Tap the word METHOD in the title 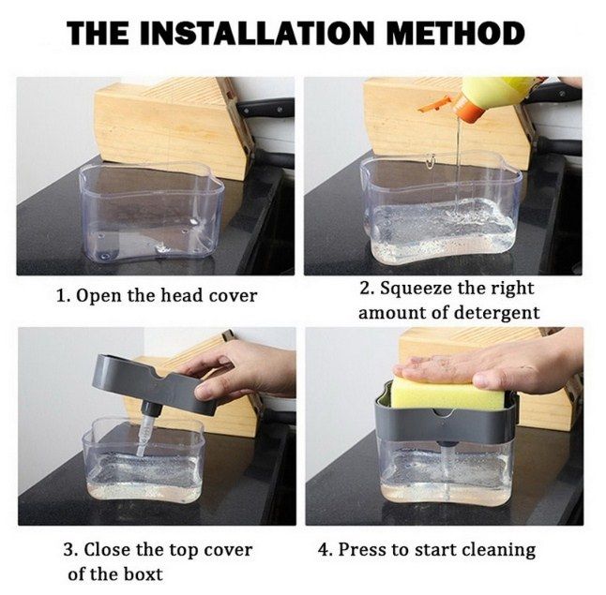(455, 33)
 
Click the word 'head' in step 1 (182, 296)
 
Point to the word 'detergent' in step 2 (496, 312)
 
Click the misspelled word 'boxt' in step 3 (143, 573)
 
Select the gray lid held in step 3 (154, 381)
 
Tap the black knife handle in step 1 (265, 107)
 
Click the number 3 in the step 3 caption (68, 550)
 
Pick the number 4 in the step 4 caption (324, 550)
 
